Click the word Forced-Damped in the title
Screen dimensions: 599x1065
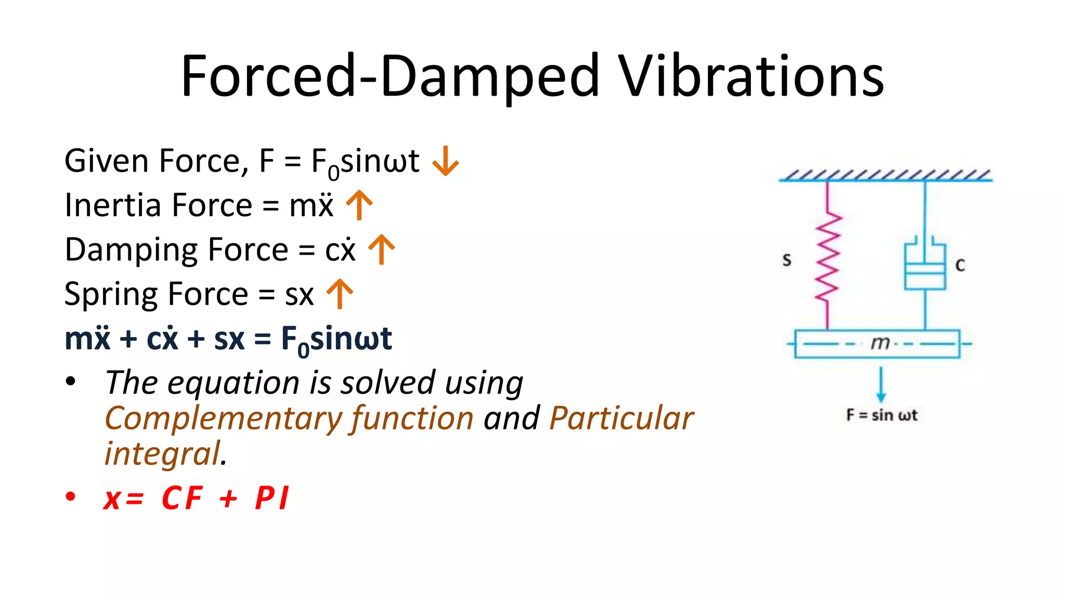tap(390, 76)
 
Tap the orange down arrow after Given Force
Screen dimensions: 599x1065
tap(446, 161)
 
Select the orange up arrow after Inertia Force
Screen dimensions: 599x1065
tap(359, 205)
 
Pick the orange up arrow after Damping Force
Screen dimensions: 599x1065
tap(381, 250)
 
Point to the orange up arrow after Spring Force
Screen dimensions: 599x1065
tap(340, 294)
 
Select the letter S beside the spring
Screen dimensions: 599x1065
tap(787, 260)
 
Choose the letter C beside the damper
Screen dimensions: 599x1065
tap(960, 266)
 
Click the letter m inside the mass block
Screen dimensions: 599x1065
tap(880, 343)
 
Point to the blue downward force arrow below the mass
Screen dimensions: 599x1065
tap(880, 385)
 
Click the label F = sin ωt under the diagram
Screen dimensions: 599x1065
tap(881, 415)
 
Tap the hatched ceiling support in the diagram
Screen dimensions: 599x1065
tap(886, 175)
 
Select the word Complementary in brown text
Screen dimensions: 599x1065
tap(223, 419)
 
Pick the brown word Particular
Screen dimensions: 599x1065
tap(621, 418)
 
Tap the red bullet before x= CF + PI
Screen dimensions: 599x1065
tap(71, 497)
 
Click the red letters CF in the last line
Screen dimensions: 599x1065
tap(181, 498)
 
